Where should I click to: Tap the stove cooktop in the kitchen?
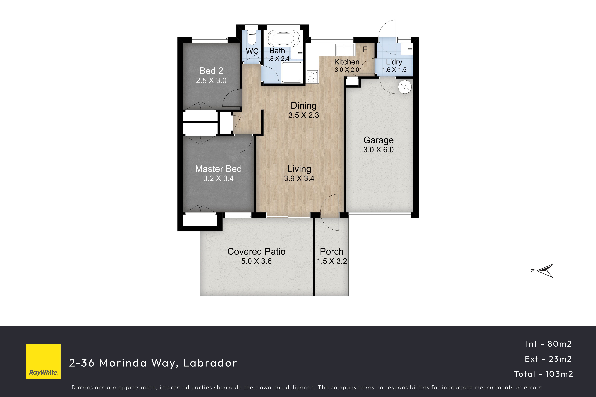click(x=312, y=77)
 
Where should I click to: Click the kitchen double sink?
click(x=344, y=50)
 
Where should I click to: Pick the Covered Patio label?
click(x=256, y=251)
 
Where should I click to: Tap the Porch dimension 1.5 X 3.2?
click(x=332, y=261)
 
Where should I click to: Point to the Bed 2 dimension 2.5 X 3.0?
click(x=211, y=81)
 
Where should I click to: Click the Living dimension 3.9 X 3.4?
click(x=299, y=179)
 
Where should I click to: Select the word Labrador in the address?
click(x=210, y=363)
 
